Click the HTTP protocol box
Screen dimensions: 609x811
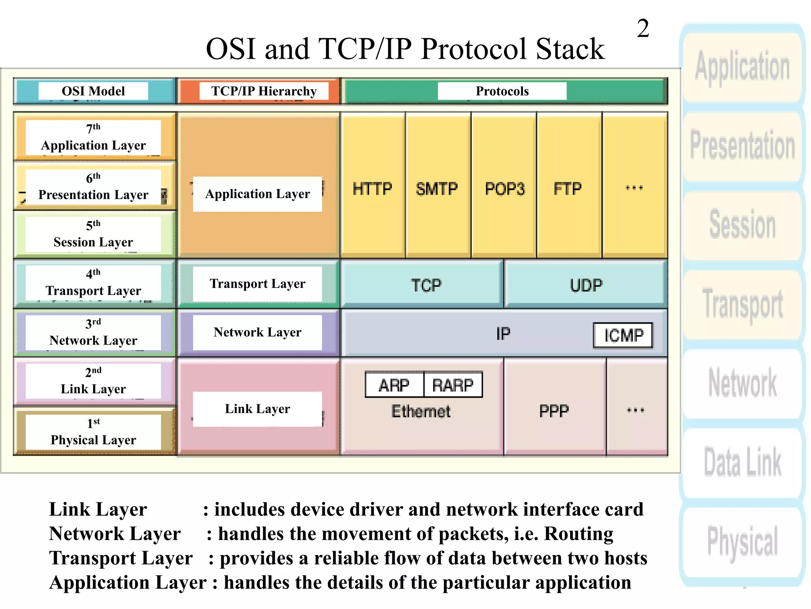[372, 189]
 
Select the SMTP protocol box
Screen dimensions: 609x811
[437, 189]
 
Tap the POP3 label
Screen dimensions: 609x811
[504, 189]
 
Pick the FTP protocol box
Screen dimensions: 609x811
[568, 189]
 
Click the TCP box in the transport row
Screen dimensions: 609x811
[425, 285]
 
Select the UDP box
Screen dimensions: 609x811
[586, 285]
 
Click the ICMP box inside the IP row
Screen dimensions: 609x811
[623, 335]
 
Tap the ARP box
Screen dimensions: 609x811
[394, 385]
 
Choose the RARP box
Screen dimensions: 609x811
[453, 385]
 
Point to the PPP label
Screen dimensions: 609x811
[554, 411]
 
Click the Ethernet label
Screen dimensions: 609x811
[421, 412]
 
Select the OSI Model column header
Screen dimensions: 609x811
[93, 91]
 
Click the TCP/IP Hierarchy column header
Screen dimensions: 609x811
[264, 91]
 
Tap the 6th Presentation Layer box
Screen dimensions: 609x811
[93, 186]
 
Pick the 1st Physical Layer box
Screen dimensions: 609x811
[93, 432]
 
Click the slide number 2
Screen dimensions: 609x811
[643, 29]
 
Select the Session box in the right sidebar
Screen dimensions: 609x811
[742, 224]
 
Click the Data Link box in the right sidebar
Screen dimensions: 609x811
[742, 462]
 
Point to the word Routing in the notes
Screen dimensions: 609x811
[578, 534]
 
